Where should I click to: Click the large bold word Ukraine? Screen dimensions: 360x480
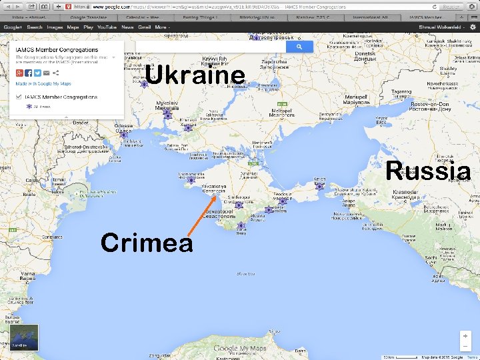pyautogui.click(x=195, y=75)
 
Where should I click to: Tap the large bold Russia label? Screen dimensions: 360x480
pyautogui.click(x=427, y=171)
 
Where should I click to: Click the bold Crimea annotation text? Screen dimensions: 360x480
pyautogui.click(x=147, y=243)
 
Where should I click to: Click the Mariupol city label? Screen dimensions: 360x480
pyautogui.click(x=356, y=100)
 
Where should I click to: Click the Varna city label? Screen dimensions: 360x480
pyautogui.click(x=28, y=274)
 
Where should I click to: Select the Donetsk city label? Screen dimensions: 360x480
pyautogui.click(x=365, y=56)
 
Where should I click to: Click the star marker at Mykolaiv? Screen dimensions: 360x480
pyautogui.click(x=167, y=115)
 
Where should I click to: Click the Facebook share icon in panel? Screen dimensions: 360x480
pyautogui.click(x=29, y=72)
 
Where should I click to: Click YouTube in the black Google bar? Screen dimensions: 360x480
pyautogui.click(x=107, y=27)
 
